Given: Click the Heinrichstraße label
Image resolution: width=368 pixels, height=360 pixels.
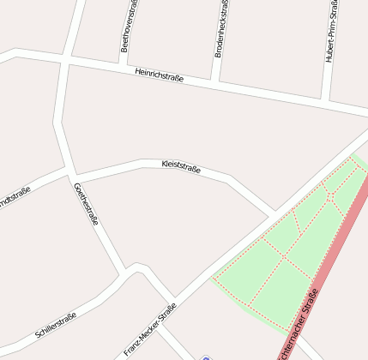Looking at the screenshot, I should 159,77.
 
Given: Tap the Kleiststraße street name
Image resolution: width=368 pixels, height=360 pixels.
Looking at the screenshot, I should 181,166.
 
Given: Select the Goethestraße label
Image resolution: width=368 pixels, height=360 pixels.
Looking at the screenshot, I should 86,204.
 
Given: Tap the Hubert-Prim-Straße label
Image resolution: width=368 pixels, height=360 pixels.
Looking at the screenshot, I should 331,31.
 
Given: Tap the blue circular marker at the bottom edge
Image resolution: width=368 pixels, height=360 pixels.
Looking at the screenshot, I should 205,357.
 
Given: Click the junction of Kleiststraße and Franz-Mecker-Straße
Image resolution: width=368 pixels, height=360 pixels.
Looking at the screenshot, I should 274,213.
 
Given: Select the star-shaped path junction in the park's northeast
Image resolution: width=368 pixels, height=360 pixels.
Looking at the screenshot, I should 329,196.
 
